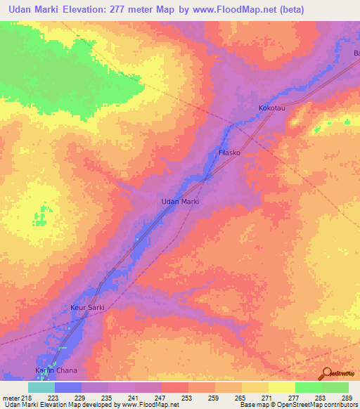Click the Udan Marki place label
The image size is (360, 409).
pyautogui.click(x=181, y=202)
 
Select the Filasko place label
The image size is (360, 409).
pyautogui.click(x=231, y=152)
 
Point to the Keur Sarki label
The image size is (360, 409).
pyautogui.click(x=87, y=308)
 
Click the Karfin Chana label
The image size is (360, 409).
pyautogui.click(x=56, y=370)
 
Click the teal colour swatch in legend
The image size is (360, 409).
pyautogui.click(x=41, y=387)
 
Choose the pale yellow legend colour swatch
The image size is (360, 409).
pyautogui.click(x=281, y=387)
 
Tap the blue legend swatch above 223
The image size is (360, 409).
pyautogui.click(x=67, y=387)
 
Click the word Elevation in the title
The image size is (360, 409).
pyautogui.click(x=92, y=10)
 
